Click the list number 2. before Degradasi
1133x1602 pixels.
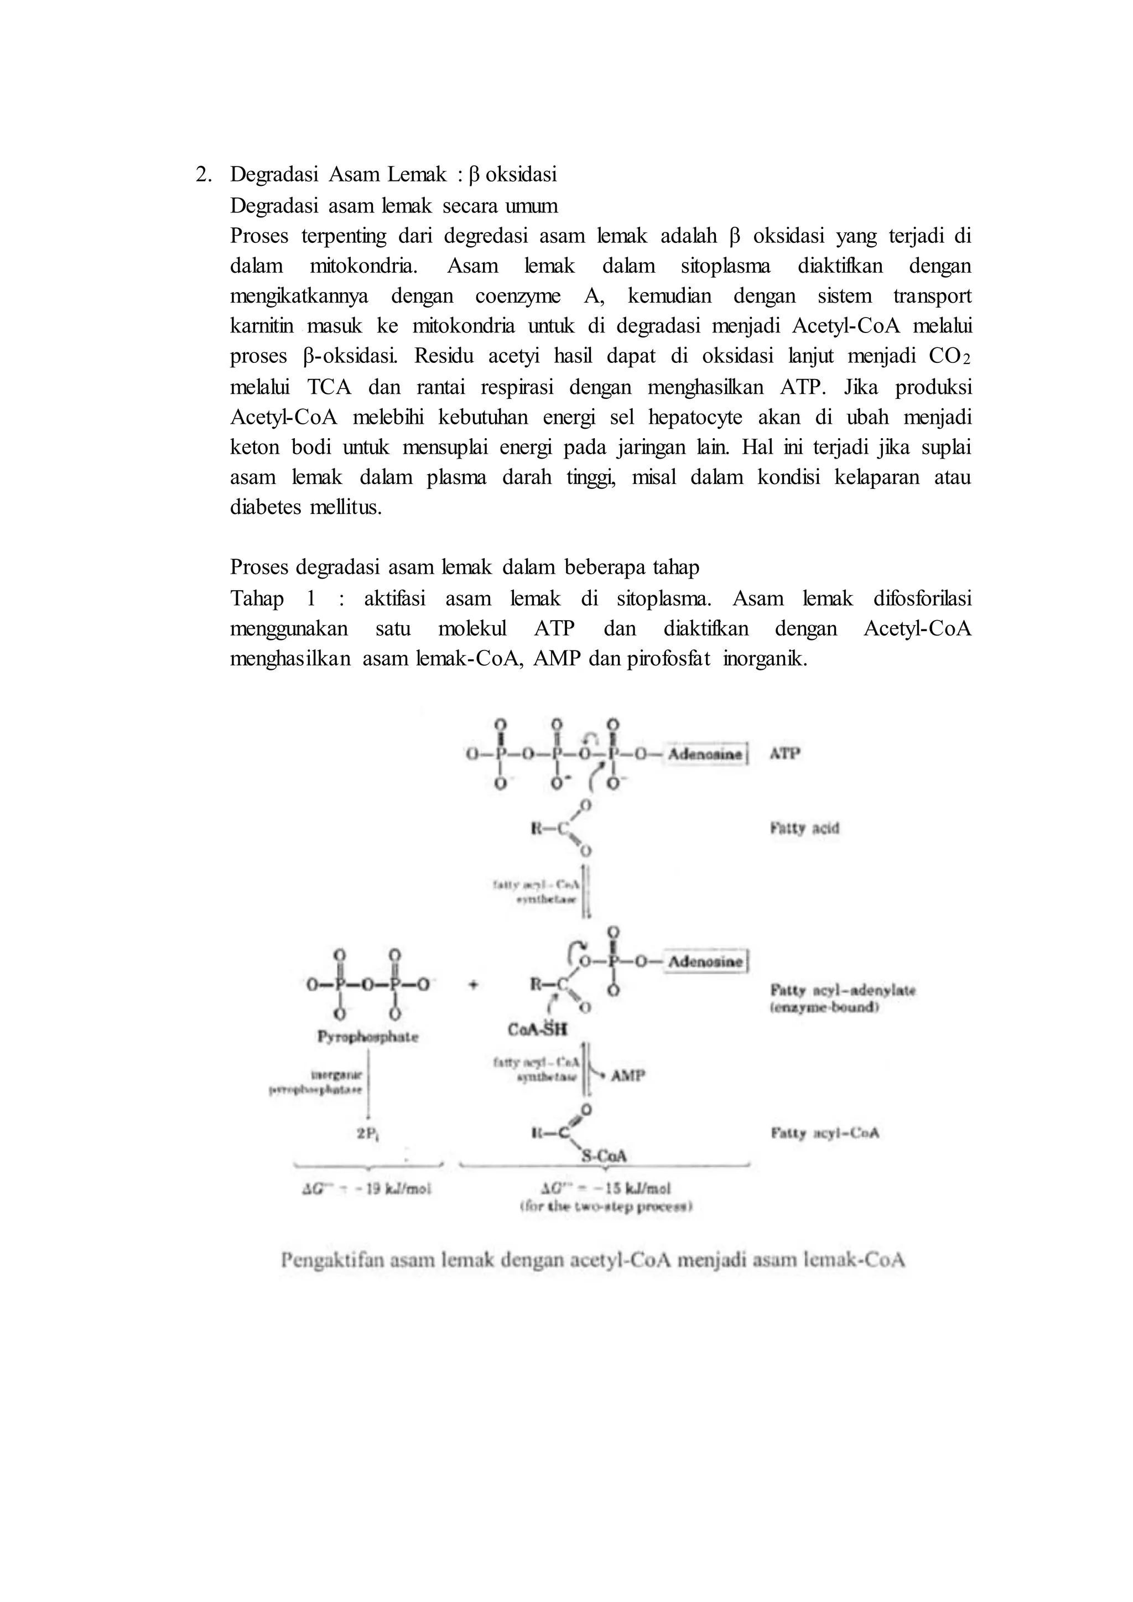204,174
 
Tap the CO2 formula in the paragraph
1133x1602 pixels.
949,357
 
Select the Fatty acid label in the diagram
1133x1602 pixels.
804,828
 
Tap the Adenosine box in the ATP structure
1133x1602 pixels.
705,754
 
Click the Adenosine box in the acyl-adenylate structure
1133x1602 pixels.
705,961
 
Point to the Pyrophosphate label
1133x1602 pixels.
368,1037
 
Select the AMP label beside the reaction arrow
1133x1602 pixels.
628,1075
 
